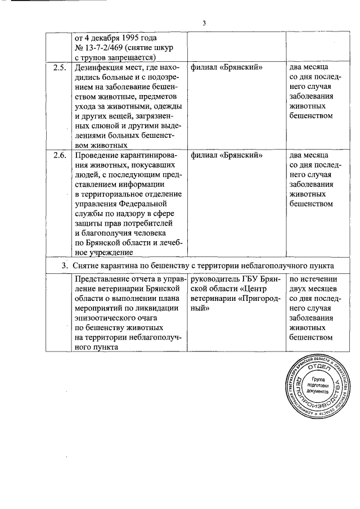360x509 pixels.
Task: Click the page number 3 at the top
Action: tap(205, 23)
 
